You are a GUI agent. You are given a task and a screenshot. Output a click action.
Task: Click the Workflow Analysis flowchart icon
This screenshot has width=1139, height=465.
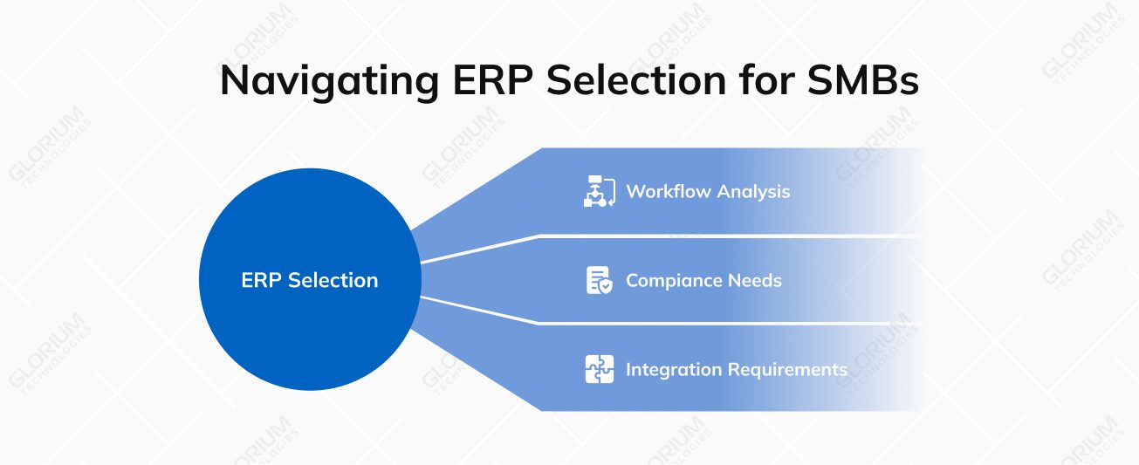(x=600, y=192)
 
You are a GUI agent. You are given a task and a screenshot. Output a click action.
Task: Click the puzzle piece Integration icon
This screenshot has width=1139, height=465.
(x=600, y=369)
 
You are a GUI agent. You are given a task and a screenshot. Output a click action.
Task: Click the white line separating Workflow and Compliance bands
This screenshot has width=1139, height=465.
(x=698, y=236)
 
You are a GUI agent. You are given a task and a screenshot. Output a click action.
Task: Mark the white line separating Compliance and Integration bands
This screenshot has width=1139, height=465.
(x=698, y=324)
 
